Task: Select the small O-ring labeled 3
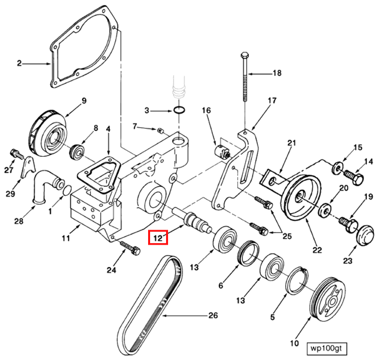[x=181, y=110]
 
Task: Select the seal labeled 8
[x=78, y=150]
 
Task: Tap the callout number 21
[x=291, y=144]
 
